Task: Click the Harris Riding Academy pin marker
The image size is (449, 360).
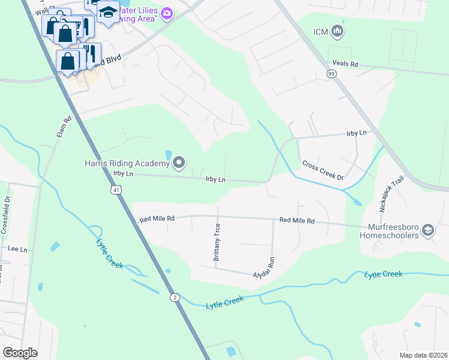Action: [x=179, y=163]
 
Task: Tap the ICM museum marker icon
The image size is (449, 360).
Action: [x=337, y=31]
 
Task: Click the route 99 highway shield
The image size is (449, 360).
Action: [x=331, y=73]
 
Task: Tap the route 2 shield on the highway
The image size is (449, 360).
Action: [x=173, y=297]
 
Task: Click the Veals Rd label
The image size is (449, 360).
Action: [x=346, y=64]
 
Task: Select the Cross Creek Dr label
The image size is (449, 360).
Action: [x=322, y=170]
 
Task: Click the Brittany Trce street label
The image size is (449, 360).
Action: [x=217, y=242]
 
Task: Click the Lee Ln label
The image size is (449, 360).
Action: [x=17, y=248]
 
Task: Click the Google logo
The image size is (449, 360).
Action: [x=20, y=352]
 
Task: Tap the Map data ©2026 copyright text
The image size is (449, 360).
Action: [x=423, y=355]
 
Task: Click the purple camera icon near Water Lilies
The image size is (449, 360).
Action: [x=167, y=13]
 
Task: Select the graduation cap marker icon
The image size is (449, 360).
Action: [x=108, y=12]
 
